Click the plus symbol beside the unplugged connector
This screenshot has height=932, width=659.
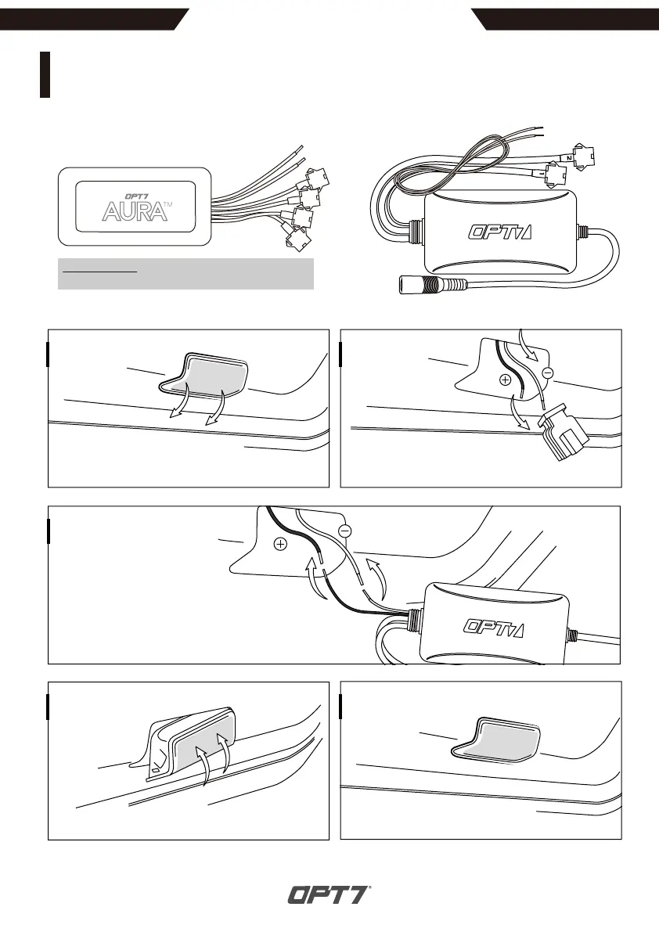coord(504,380)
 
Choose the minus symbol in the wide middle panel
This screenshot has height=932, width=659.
coord(345,531)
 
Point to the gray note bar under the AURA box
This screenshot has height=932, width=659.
coord(185,274)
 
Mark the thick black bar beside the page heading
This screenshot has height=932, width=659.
coord(45,75)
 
